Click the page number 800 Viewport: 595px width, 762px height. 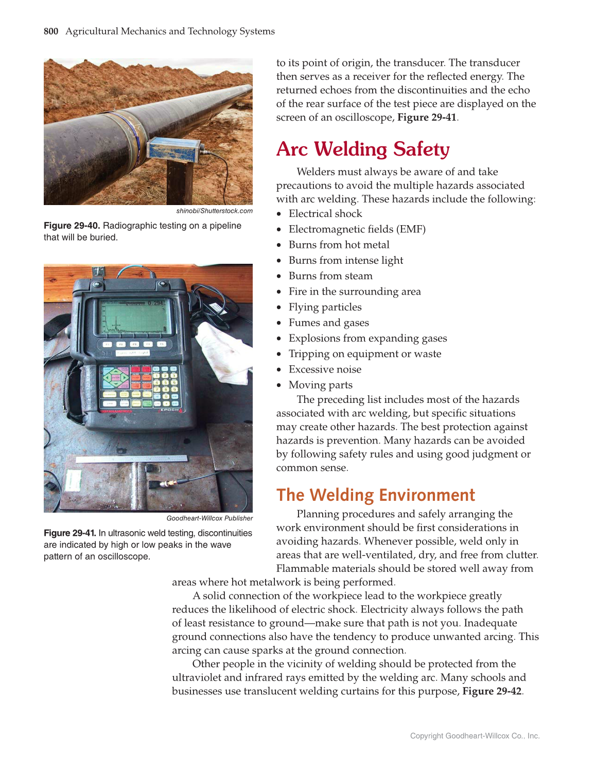[x=51, y=31]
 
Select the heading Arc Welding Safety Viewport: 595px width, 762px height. [x=363, y=149]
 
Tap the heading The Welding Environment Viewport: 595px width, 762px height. [x=375, y=495]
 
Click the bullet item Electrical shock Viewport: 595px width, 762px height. [x=325, y=214]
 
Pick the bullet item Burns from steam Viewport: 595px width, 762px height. [x=330, y=276]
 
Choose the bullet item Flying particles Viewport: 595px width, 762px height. [x=325, y=307]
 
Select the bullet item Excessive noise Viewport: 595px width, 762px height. [x=325, y=369]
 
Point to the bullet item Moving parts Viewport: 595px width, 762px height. [x=320, y=385]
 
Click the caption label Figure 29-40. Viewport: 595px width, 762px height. [x=73, y=226]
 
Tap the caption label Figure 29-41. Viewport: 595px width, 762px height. [x=70, y=533]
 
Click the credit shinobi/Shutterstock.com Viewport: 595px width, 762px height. [x=214, y=211]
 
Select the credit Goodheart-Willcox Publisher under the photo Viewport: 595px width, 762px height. [x=209, y=518]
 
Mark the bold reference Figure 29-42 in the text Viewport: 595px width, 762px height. [x=492, y=691]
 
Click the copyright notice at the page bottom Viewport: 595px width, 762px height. [x=475, y=736]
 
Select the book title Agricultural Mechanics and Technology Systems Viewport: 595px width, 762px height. [x=170, y=31]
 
